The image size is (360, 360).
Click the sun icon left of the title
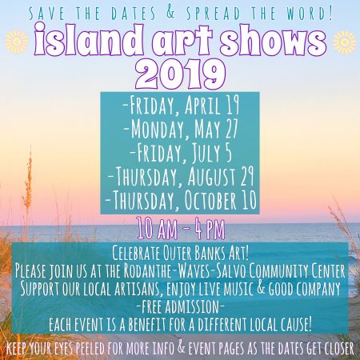[15, 39]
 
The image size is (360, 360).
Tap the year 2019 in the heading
[179, 74]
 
